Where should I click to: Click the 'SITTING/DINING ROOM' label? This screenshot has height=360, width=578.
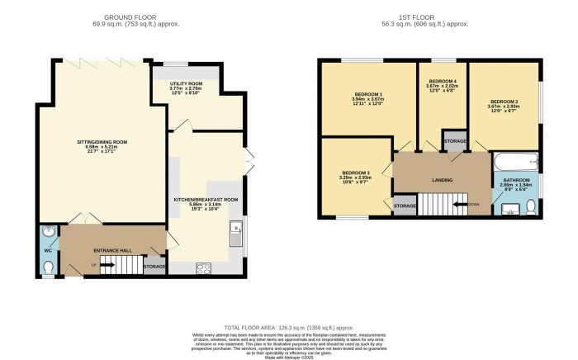pyautogui.click(x=97, y=143)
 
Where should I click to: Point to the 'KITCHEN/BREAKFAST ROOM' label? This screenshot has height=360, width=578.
pyautogui.click(x=206, y=199)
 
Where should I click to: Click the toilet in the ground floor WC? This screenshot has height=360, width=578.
pyautogui.click(x=49, y=267)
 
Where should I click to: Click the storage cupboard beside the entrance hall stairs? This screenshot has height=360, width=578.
pyautogui.click(x=154, y=266)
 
